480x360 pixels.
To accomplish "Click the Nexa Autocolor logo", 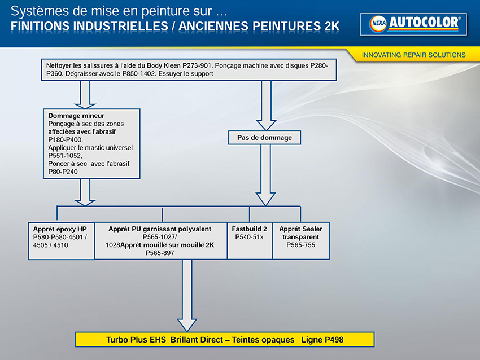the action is click(413, 24).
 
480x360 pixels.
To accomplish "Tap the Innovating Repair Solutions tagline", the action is click(413, 55).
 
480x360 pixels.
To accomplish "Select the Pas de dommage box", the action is click(264, 138).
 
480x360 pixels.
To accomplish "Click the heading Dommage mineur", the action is click(76, 116).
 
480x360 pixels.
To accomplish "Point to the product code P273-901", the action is click(197, 65).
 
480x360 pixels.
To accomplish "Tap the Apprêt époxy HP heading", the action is click(60, 229).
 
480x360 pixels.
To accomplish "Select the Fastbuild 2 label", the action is click(249, 229).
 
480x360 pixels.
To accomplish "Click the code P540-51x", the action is click(249, 237).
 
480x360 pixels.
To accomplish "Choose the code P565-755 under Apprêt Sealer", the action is click(300, 245).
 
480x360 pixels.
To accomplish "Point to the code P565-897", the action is click(160, 253).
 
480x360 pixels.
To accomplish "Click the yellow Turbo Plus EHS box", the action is click(225, 340).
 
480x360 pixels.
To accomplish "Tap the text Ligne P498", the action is click(322, 340).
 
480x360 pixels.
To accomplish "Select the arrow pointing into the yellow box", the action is click(187, 296).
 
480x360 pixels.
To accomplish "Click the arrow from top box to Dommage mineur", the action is click(85, 94).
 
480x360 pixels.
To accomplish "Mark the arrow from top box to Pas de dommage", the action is click(267, 106).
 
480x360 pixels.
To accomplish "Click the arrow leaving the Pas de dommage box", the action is click(265, 175).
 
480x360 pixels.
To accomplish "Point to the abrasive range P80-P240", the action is click(63, 172).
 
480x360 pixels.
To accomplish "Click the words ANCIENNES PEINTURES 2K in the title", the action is click(259, 27).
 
